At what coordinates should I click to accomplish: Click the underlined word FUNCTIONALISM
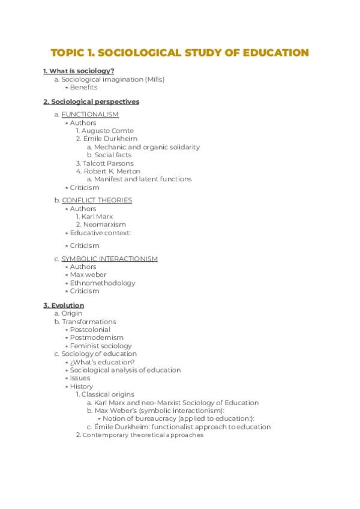(x=90, y=115)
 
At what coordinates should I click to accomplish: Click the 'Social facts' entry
(x=113, y=155)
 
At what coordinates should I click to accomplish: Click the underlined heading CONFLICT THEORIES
(x=97, y=200)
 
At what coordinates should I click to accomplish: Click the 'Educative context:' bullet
(x=100, y=233)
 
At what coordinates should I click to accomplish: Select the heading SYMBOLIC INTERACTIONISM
(x=110, y=259)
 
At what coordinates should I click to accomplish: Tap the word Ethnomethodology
(x=103, y=283)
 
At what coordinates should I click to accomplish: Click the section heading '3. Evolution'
(x=64, y=306)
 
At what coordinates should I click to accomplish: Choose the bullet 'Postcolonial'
(x=91, y=330)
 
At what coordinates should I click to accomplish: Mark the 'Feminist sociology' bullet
(x=101, y=346)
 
